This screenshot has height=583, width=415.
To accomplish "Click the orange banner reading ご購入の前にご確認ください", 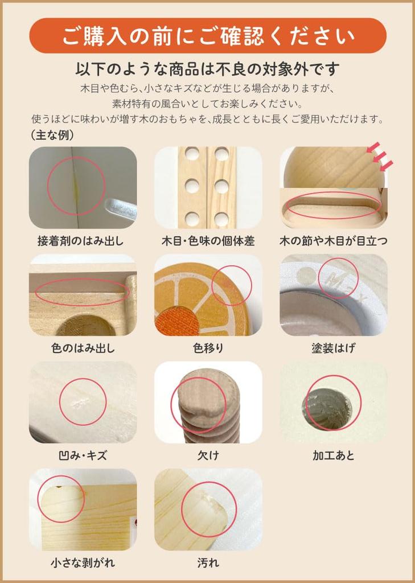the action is tap(207, 36).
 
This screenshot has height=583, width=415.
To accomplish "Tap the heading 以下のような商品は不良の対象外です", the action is tap(207, 69).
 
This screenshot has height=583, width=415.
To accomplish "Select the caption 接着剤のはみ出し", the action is tap(80, 241).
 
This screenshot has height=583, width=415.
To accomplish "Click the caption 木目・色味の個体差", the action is tap(208, 241).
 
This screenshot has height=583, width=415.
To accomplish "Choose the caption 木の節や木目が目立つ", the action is tap(334, 241).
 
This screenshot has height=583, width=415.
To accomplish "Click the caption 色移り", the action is tap(208, 348).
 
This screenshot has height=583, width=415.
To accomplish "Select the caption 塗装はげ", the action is tap(334, 348).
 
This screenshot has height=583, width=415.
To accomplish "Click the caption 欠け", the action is tap(208, 455).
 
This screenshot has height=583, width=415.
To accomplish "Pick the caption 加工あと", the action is tap(334, 455).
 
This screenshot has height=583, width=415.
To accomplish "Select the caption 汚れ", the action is tap(208, 563).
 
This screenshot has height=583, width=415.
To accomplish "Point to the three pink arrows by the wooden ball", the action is tap(380, 157).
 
